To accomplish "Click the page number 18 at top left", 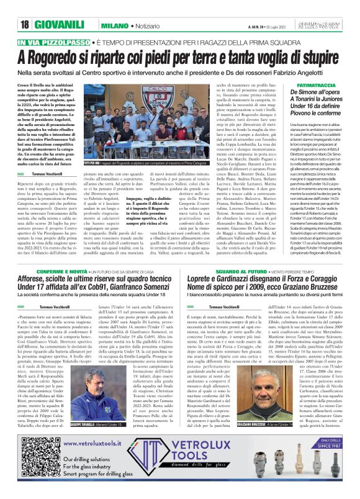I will [24, 25].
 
